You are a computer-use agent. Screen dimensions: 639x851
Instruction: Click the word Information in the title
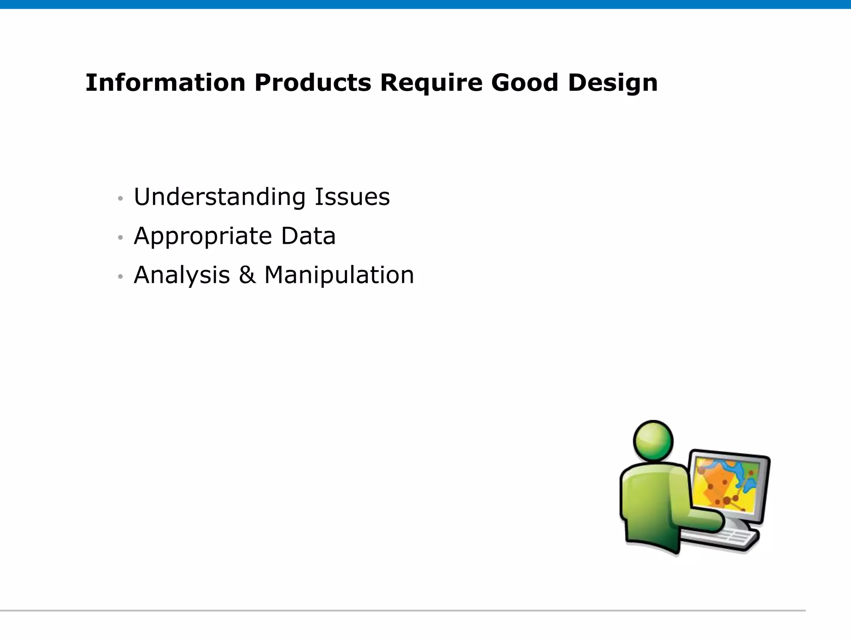pos(165,82)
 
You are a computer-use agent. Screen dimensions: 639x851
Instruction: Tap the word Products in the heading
pos(312,82)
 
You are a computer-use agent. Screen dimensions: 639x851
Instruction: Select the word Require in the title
pos(431,82)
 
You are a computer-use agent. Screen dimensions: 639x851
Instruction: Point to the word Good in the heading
pos(524,82)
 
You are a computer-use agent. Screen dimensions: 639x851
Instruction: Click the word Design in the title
pos(613,82)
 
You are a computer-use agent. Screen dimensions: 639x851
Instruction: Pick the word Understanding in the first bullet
pos(219,197)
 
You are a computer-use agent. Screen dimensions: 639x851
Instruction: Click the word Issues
pos(352,197)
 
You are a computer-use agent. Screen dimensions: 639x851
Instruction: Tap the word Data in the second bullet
pos(308,236)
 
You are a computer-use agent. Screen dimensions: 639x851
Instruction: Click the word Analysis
pos(182,275)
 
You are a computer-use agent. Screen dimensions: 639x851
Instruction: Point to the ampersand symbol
pos(247,275)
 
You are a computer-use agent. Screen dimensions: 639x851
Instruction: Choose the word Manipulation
pos(339,275)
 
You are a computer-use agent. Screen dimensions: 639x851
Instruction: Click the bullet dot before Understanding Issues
pos(121,198)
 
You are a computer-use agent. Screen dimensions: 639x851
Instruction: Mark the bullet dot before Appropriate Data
pos(121,238)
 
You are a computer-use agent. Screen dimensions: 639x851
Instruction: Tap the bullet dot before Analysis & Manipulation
pos(121,277)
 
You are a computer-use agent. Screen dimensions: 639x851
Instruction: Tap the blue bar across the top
pos(425,4)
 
